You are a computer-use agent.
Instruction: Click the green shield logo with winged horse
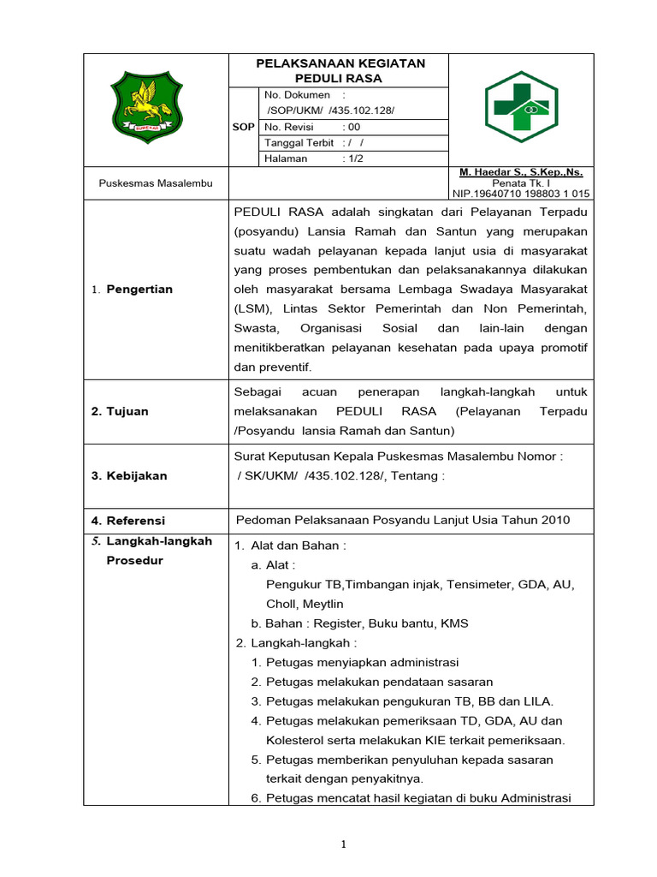[146, 107]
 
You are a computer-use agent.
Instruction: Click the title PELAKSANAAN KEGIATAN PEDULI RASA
[341, 70]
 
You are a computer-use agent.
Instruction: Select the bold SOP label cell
[244, 127]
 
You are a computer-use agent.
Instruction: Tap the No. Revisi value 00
[352, 127]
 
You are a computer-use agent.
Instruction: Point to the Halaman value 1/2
[352, 158]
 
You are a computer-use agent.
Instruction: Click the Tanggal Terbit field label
[299, 143]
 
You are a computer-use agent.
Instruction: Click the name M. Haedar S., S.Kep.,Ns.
[521, 172]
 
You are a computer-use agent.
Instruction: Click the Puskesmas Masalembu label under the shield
[156, 182]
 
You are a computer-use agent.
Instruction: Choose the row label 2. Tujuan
[120, 411]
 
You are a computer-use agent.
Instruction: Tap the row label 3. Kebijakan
[129, 475]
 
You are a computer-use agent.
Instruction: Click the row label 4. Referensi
[128, 520]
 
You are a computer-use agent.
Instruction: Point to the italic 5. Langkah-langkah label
[151, 541]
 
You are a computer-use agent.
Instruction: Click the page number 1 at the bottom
[342, 844]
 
